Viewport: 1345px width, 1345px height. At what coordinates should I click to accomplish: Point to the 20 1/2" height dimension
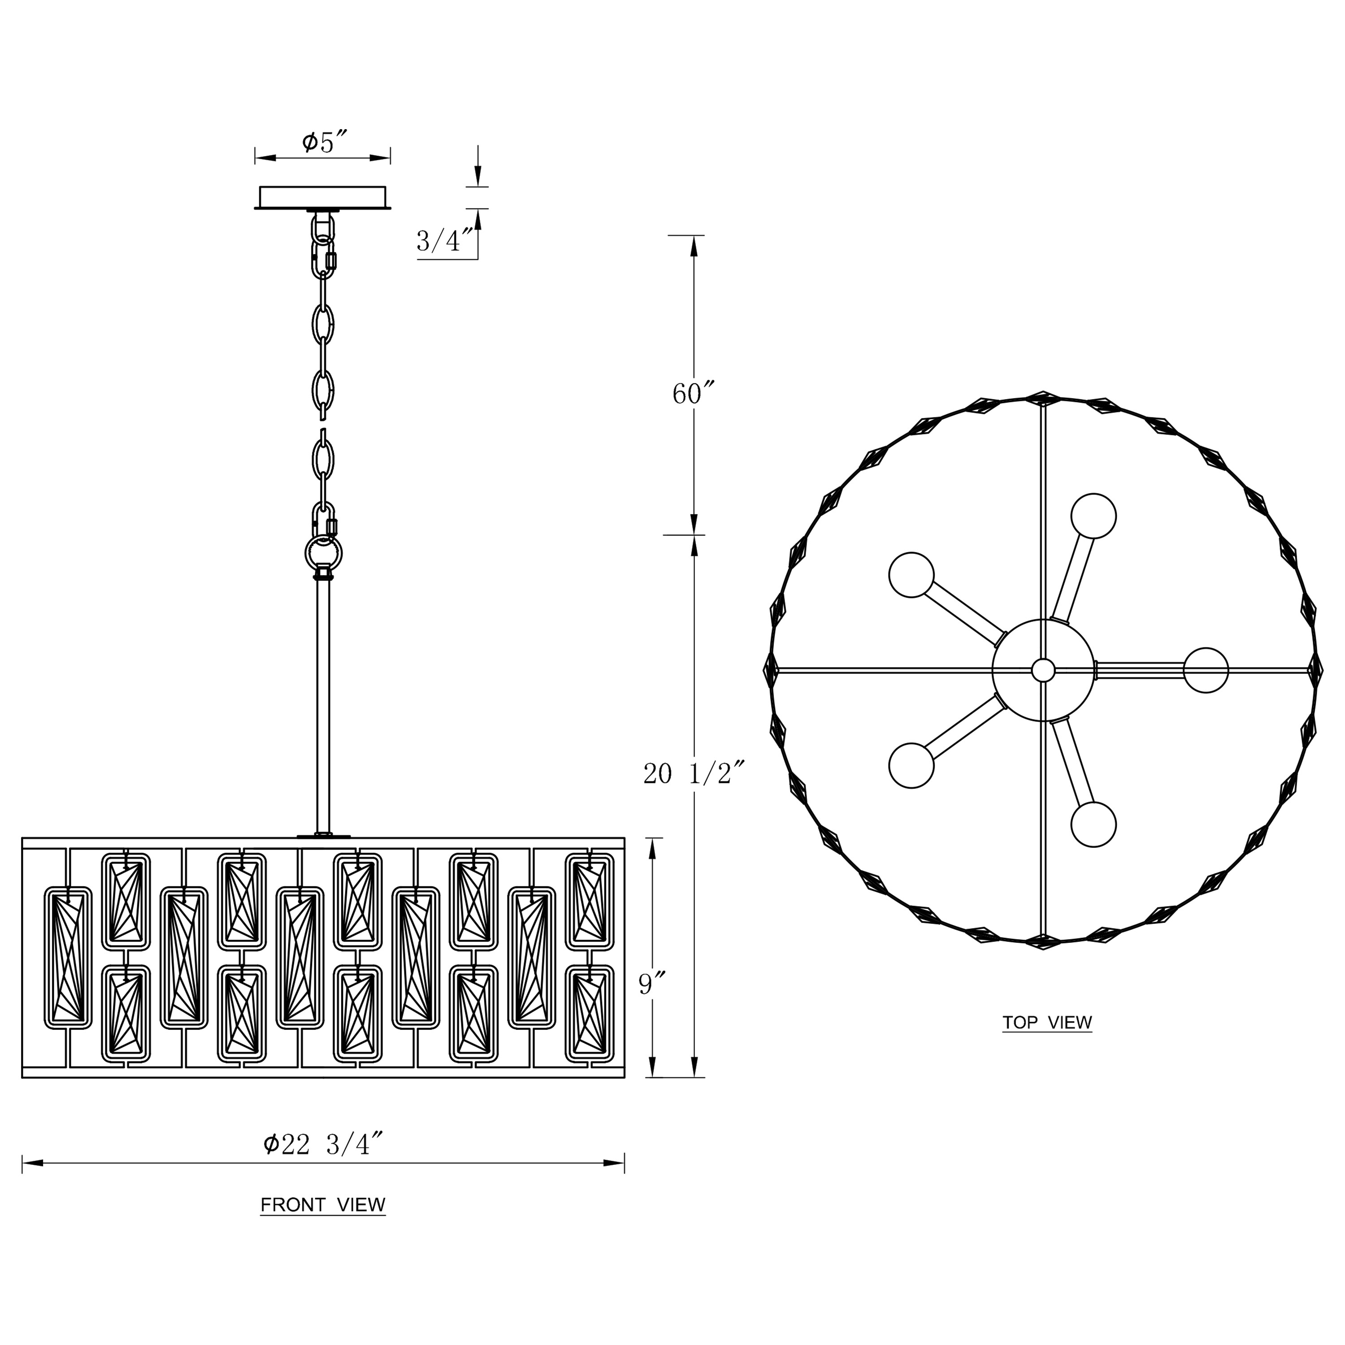[695, 773]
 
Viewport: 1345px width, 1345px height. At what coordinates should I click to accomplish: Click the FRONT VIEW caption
[323, 1205]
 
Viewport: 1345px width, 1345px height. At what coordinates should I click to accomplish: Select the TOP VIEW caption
[1047, 1023]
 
